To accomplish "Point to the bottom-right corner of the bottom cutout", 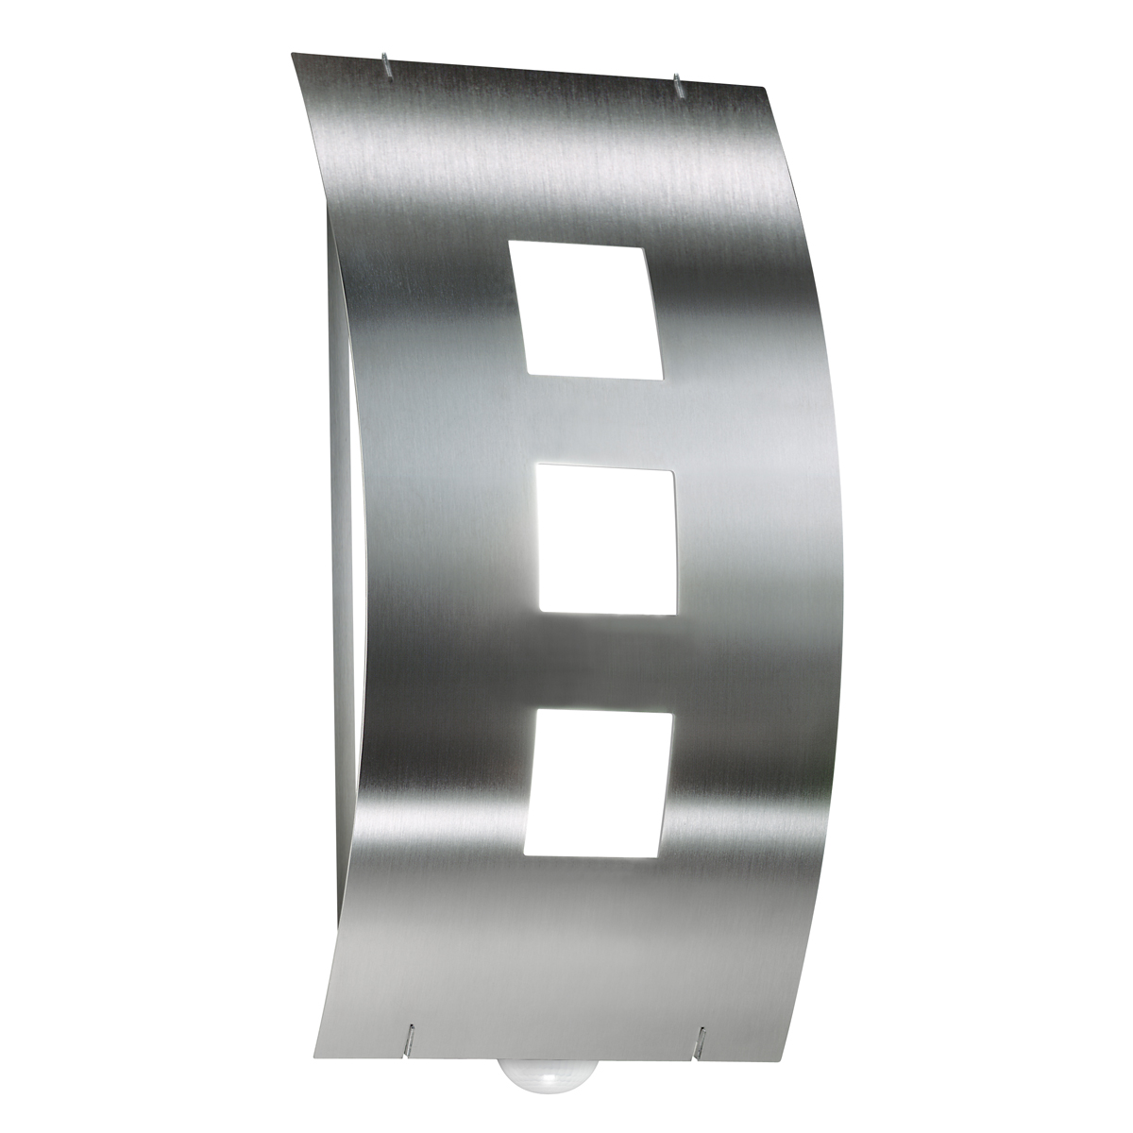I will point(657,857).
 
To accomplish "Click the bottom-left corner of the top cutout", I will point(526,372).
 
